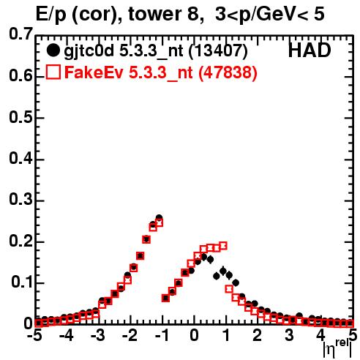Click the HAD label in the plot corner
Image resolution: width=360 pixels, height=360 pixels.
[310, 50]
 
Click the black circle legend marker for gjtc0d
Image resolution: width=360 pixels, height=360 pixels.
[53, 50]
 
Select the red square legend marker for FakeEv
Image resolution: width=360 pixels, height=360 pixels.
[53, 72]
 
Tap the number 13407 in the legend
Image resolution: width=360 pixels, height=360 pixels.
[218, 50]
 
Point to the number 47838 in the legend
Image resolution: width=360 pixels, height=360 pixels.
[228, 72]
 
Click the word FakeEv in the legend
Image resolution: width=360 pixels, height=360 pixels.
[94, 72]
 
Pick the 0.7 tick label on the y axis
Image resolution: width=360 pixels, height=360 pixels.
[20, 34]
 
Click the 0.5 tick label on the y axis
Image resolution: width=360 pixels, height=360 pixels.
[20, 117]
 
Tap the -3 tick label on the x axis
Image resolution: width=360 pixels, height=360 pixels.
[97, 336]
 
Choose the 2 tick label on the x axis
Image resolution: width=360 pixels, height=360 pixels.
[258, 336]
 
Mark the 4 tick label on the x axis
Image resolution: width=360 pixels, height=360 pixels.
[321, 336]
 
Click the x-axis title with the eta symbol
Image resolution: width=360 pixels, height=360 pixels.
[337, 348]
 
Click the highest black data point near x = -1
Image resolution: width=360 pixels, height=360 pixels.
[159, 217]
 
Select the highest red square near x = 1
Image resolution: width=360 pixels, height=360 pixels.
[223, 246]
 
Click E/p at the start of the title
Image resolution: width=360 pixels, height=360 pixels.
[50, 15]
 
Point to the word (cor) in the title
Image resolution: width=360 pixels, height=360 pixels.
[97, 15]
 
